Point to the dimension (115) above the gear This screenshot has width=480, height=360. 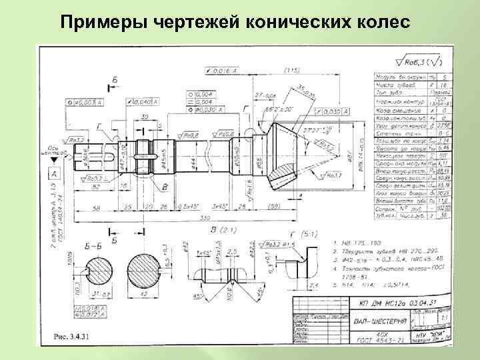tap(291, 69)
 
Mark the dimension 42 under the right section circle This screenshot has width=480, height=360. tap(143, 293)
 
